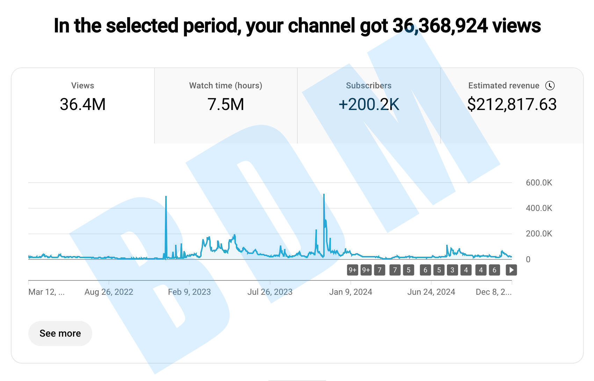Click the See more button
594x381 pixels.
[x=60, y=334]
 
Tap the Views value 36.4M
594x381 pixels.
[x=83, y=104]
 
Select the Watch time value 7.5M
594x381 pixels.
[x=226, y=104]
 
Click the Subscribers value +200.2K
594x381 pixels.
[x=369, y=104]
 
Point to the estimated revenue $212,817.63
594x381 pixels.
[x=512, y=104]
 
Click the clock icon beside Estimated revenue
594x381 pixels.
[x=550, y=86]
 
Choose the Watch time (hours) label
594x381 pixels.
[x=226, y=86]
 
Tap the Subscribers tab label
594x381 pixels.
[x=369, y=86]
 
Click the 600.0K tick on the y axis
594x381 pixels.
[x=539, y=183]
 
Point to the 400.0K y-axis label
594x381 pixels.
[x=539, y=208]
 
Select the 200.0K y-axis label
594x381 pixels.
[x=539, y=234]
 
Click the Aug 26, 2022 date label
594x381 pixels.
[x=109, y=292]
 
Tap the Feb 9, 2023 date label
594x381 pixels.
[x=189, y=292]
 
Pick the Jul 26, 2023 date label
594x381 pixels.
[x=270, y=292]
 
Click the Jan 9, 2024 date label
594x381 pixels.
[x=350, y=292]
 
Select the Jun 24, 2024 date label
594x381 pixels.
[x=431, y=292]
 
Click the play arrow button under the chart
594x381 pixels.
[x=511, y=270]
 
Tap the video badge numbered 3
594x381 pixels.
[x=452, y=270]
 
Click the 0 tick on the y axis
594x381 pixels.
[x=528, y=259]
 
